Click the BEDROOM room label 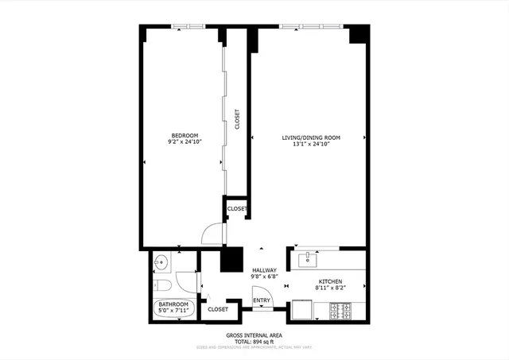(x=185, y=135)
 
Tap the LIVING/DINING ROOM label (x=311, y=138)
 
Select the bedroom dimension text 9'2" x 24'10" (x=185, y=142)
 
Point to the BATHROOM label (x=173, y=304)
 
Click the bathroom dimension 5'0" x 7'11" (x=173, y=312)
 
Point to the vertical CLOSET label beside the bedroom (x=237, y=119)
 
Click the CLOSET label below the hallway (x=218, y=308)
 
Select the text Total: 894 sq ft (x=254, y=341)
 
